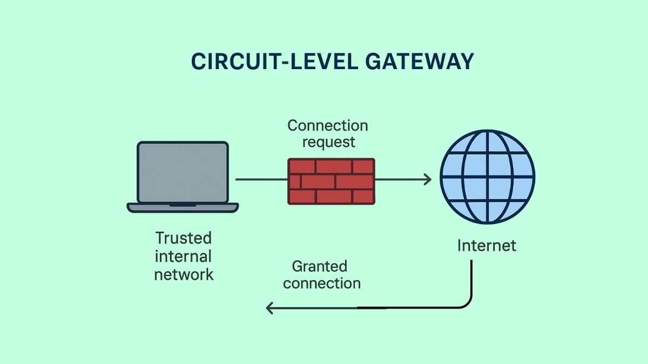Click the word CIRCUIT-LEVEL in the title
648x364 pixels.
[x=275, y=62]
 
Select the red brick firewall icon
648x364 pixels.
[x=331, y=181]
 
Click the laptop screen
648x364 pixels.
[x=183, y=172]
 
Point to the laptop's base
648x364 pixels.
[x=183, y=207]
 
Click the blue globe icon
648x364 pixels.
[x=487, y=177]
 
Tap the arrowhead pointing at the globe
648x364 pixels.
[x=428, y=179]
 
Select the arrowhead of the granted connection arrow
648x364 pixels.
[x=270, y=308]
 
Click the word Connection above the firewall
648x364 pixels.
[x=327, y=126]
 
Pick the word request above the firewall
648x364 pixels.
[x=328, y=142]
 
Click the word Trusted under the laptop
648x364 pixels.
[x=184, y=238]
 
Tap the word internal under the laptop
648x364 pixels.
[x=184, y=256]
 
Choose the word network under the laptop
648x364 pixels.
[x=184, y=274]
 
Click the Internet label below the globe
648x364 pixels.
[x=487, y=246]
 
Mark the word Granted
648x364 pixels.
[x=319, y=266]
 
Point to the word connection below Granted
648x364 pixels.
[x=322, y=283]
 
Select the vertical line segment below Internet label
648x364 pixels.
[x=472, y=278]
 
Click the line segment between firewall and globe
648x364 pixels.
[x=400, y=179]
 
